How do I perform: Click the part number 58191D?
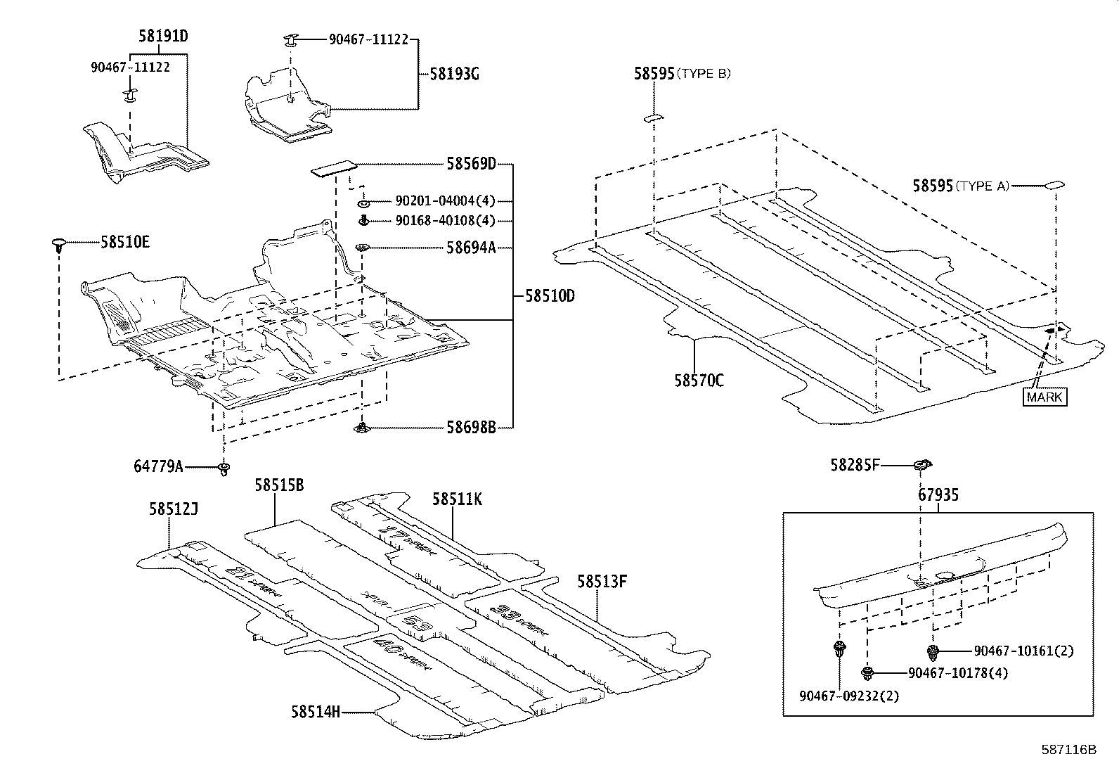click(x=162, y=36)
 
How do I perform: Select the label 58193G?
click(x=454, y=74)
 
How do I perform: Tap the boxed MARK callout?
click(x=1044, y=397)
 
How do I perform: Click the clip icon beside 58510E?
click(x=60, y=245)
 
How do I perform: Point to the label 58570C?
click(x=699, y=381)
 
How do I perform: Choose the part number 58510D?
click(x=550, y=296)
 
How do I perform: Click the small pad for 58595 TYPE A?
click(x=1055, y=186)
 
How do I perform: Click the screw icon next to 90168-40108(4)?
click(x=364, y=221)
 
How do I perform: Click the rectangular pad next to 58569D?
click(x=334, y=170)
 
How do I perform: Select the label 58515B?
click(x=279, y=485)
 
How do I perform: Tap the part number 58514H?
click(x=316, y=712)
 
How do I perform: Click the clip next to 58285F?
click(x=922, y=464)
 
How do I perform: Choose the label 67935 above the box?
click(x=938, y=495)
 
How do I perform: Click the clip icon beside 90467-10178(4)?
click(x=869, y=673)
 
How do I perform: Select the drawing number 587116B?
click(x=1068, y=750)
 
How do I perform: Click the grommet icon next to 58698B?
click(x=362, y=428)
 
